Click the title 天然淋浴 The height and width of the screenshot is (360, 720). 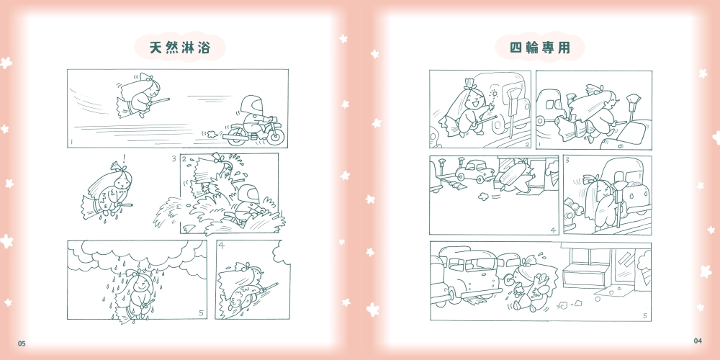coord(180,48)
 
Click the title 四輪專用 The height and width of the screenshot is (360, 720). coord(539,48)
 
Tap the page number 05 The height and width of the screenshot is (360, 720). coord(22,343)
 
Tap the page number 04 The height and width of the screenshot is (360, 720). coord(698,341)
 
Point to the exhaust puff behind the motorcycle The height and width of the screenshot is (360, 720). coord(212,135)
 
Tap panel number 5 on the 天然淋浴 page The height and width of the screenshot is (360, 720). coord(201,313)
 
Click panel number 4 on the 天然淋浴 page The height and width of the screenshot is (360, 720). coord(221,246)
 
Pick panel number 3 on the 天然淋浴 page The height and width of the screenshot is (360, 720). coord(174,159)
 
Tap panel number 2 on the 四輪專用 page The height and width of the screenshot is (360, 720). coord(527,145)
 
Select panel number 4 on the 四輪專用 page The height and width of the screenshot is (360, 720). coord(553,230)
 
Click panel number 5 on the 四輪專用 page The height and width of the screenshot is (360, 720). coord(644,316)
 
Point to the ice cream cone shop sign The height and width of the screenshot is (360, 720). coord(644,265)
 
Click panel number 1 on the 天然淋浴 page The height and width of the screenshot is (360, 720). coord(71,143)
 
